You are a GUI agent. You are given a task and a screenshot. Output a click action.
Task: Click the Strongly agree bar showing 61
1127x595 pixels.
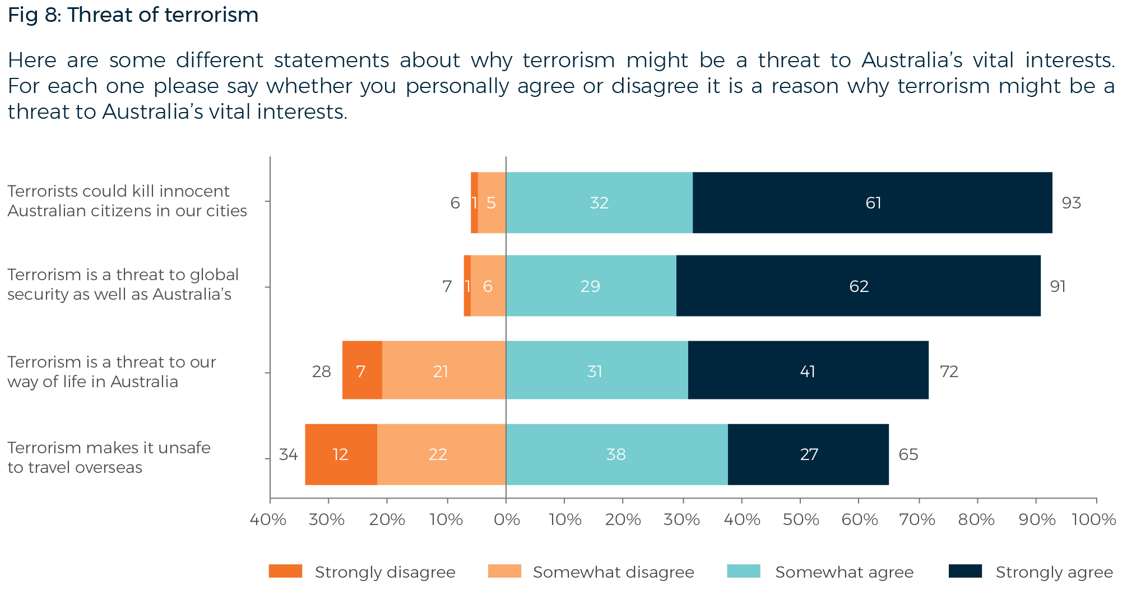[x=872, y=203]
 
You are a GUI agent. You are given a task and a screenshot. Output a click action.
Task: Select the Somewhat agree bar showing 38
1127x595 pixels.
[x=616, y=454]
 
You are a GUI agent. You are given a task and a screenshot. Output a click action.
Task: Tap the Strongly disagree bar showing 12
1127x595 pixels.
[x=341, y=454]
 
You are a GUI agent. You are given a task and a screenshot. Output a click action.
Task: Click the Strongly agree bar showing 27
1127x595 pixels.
[x=808, y=454]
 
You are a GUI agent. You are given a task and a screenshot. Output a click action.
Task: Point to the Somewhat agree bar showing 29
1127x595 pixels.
[x=591, y=286]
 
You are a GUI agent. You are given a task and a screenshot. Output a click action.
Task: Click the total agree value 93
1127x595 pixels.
[x=1071, y=203]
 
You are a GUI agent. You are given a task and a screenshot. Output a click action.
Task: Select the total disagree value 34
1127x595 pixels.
[x=288, y=454]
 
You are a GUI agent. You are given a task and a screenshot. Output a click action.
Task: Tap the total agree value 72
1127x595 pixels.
[x=949, y=371]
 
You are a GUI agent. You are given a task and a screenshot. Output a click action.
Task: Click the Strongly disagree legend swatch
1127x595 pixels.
[x=285, y=571]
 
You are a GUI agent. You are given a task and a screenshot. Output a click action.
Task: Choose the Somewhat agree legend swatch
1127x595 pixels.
[x=743, y=571]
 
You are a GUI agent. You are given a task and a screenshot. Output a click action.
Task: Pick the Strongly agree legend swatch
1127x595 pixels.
[x=965, y=571]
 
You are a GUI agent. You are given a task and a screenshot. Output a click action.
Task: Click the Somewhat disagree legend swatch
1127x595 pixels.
[x=504, y=571]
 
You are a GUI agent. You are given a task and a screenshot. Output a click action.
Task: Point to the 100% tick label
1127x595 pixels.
[x=1093, y=520]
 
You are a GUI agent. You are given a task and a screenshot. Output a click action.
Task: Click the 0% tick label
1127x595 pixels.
[x=506, y=520]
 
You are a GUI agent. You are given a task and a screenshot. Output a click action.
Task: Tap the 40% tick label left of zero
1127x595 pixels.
[x=268, y=520]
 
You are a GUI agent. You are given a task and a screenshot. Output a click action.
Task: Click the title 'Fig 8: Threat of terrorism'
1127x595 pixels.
[x=133, y=15]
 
